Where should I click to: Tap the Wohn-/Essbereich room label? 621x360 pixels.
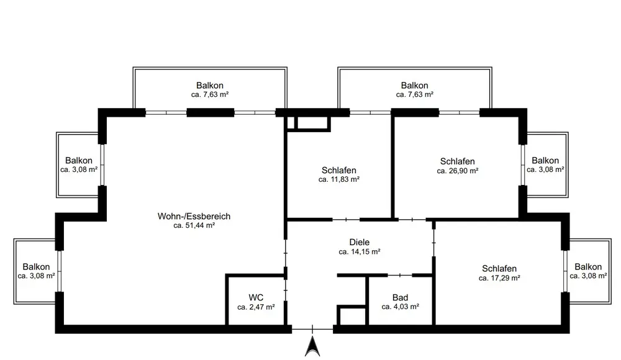pos(194,216)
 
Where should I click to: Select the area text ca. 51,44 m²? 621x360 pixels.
pos(194,225)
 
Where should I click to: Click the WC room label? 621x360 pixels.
pos(256,297)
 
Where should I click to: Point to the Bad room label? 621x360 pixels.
pos(401,297)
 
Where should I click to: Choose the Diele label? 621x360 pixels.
pos(360,242)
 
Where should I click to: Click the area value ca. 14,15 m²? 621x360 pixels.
pos(360,251)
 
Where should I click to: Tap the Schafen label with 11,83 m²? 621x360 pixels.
pos(339,170)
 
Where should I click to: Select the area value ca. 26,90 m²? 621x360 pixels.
pos(458,171)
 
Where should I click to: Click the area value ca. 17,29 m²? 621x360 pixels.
pos(499,278)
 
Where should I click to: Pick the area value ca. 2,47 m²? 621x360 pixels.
pos(256,307)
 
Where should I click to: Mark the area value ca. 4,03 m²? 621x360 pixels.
pos(401,307)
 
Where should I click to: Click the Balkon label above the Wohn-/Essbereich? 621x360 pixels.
pos(210,85)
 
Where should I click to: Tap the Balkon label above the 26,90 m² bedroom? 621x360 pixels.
pos(415,85)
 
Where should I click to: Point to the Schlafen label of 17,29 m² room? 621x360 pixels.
pos(499,269)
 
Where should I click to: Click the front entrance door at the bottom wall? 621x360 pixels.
pos(312,329)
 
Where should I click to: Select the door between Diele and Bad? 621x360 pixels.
pos(400,275)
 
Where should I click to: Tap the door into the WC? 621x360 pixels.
pos(286,290)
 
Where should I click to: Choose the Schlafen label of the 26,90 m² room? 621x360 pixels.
pos(458,161)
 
